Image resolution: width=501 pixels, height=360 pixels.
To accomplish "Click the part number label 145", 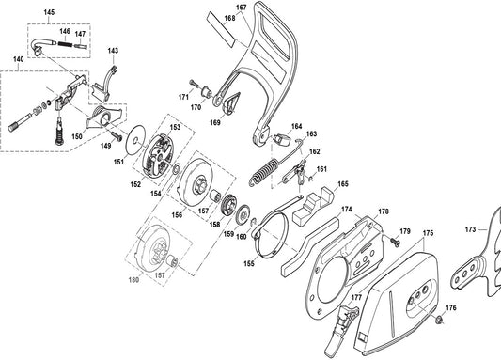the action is click(x=49, y=12).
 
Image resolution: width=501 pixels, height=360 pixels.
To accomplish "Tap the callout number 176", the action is click(x=451, y=308).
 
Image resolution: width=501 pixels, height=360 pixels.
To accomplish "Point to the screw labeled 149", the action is click(x=117, y=135).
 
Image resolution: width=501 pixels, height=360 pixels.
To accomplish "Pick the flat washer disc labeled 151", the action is click(x=135, y=140).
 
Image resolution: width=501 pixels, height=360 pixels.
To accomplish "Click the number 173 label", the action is click(x=470, y=229).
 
